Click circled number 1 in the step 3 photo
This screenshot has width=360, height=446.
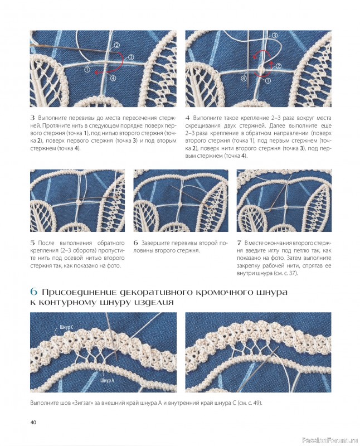[x=87, y=69]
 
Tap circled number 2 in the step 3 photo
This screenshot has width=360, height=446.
[x=116, y=45]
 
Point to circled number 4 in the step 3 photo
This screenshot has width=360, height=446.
[x=113, y=78]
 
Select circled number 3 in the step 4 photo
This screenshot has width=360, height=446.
[x=275, y=36]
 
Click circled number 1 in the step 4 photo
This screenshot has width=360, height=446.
[x=267, y=81]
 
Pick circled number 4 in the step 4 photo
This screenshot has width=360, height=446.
[x=244, y=78]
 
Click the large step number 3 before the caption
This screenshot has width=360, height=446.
[x=32, y=118]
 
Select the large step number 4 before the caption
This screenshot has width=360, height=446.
[x=187, y=118]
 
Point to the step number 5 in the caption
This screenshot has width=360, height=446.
[x=32, y=243]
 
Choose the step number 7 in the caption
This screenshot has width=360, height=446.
[x=239, y=243]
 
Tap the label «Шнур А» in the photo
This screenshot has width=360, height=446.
[x=107, y=380]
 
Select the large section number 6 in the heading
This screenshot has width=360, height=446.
[x=34, y=292]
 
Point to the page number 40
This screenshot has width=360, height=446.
[x=33, y=422]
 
